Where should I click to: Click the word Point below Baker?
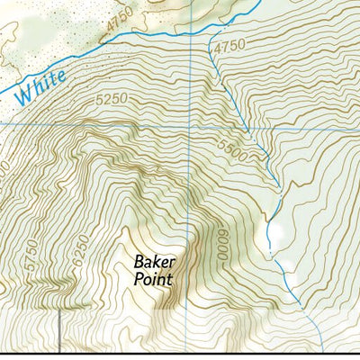(x=152, y=279)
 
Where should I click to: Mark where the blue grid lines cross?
(x=190, y=125)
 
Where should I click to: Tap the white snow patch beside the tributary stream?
(x=276, y=232)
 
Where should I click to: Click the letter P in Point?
(x=138, y=279)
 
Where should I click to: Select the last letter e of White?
(x=61, y=76)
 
